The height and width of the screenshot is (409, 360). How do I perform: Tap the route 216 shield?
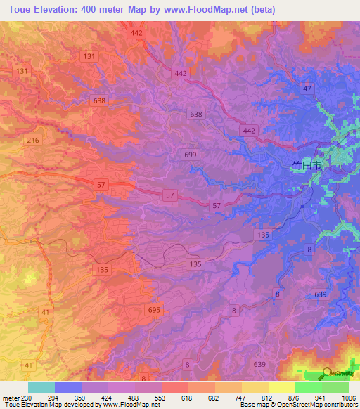pyautogui.click(x=32, y=141)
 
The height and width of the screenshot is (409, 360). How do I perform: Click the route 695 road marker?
pyautogui.click(x=155, y=309)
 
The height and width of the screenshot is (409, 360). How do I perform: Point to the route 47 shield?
pyautogui.click(x=307, y=88)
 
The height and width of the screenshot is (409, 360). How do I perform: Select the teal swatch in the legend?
pyautogui.click(x=41, y=387)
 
